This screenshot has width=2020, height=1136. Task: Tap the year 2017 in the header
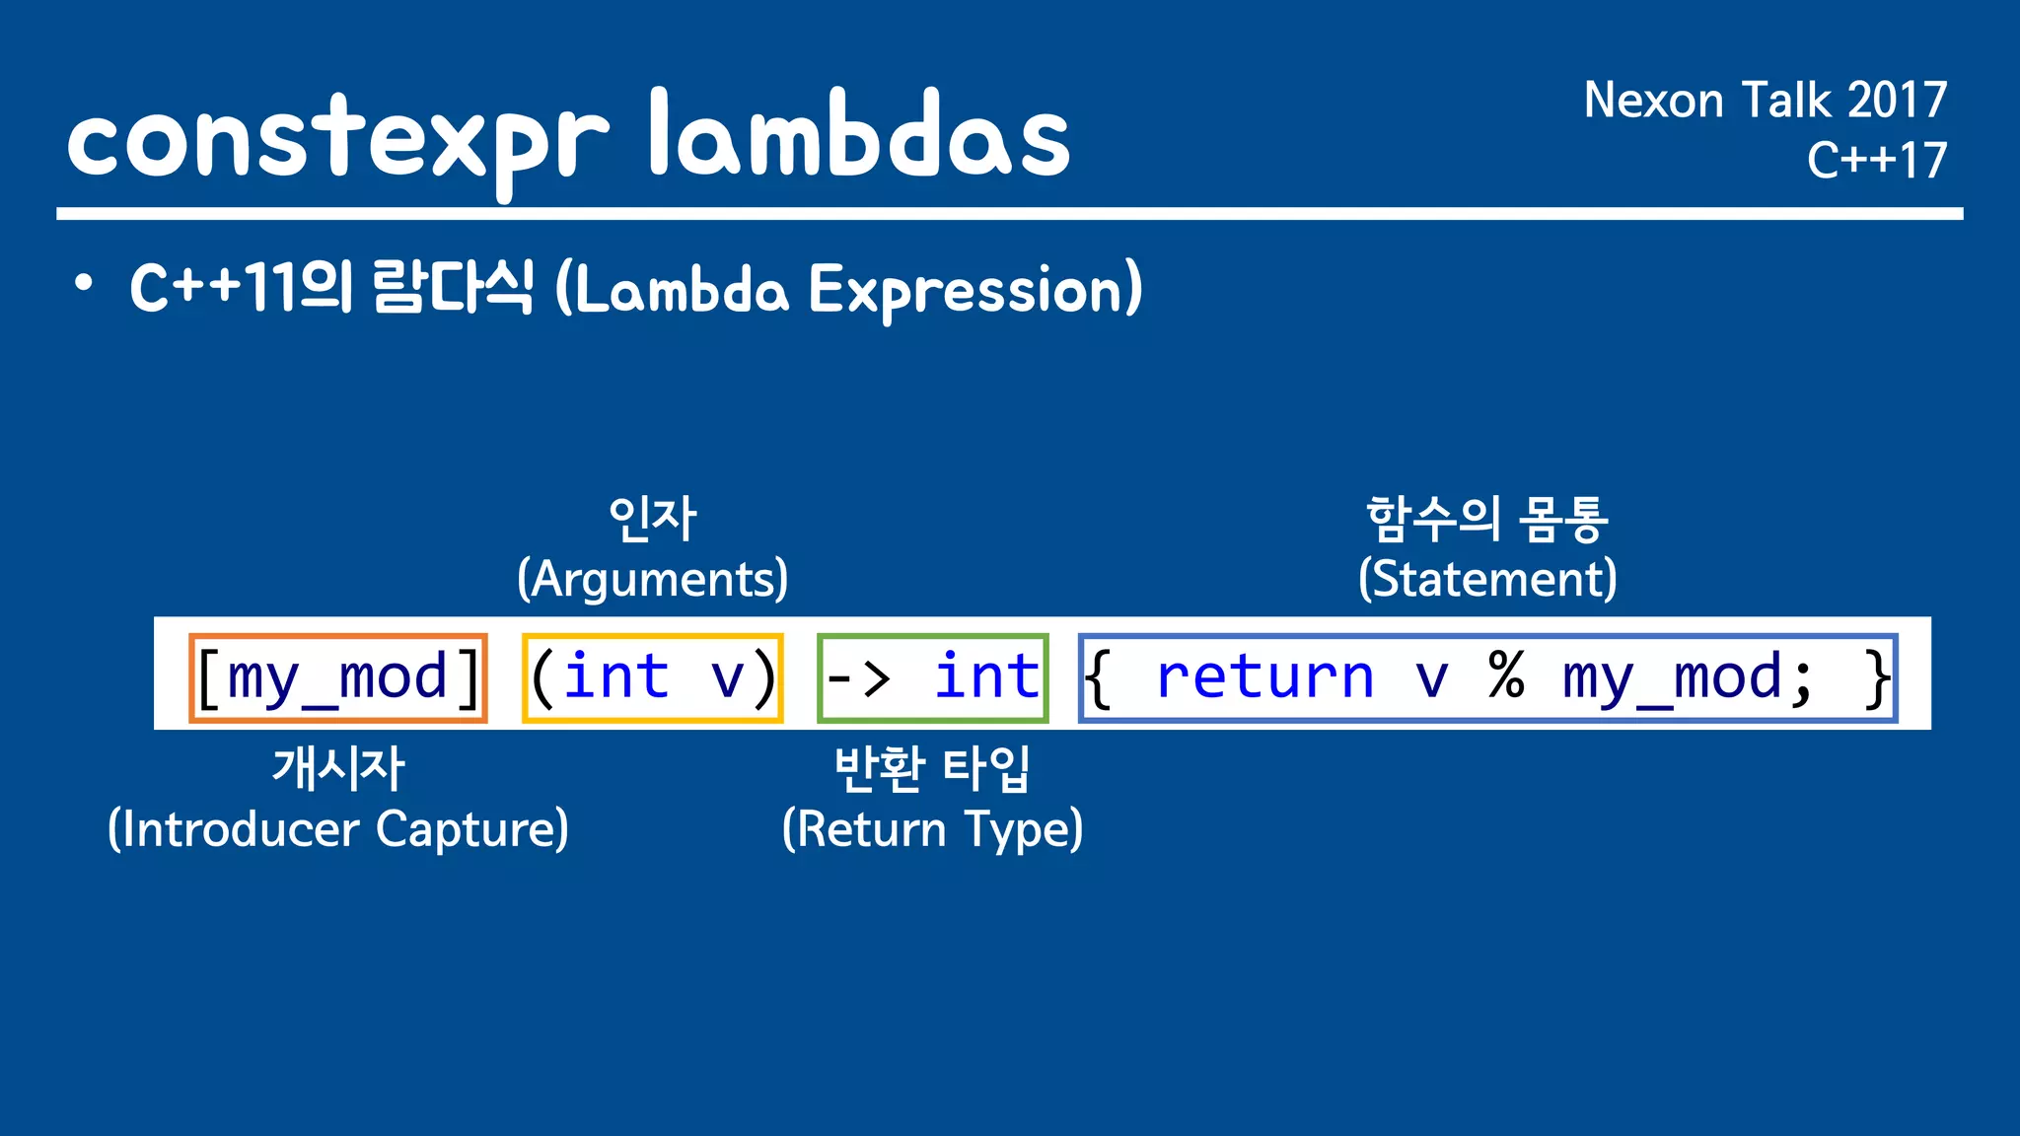1896,101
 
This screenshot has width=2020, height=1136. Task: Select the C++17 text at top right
1876,160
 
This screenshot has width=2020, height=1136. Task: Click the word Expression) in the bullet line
974,290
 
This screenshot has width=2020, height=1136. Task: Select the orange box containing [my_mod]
338,678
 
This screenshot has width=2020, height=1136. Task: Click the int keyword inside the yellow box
615,677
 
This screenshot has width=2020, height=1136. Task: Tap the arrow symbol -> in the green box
858,678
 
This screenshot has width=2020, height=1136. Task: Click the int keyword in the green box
986,677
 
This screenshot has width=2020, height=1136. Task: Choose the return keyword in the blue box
1264,678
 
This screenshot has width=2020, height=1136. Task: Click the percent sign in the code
1506,676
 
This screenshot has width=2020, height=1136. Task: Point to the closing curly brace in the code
1876,678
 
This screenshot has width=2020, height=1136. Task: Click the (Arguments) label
652,579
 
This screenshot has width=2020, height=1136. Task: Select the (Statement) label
1487,579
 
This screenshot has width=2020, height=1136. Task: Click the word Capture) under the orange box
472,829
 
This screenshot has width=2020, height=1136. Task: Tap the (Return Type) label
932,829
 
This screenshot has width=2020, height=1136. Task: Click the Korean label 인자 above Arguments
652,519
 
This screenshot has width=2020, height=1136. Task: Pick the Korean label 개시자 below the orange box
338,768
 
